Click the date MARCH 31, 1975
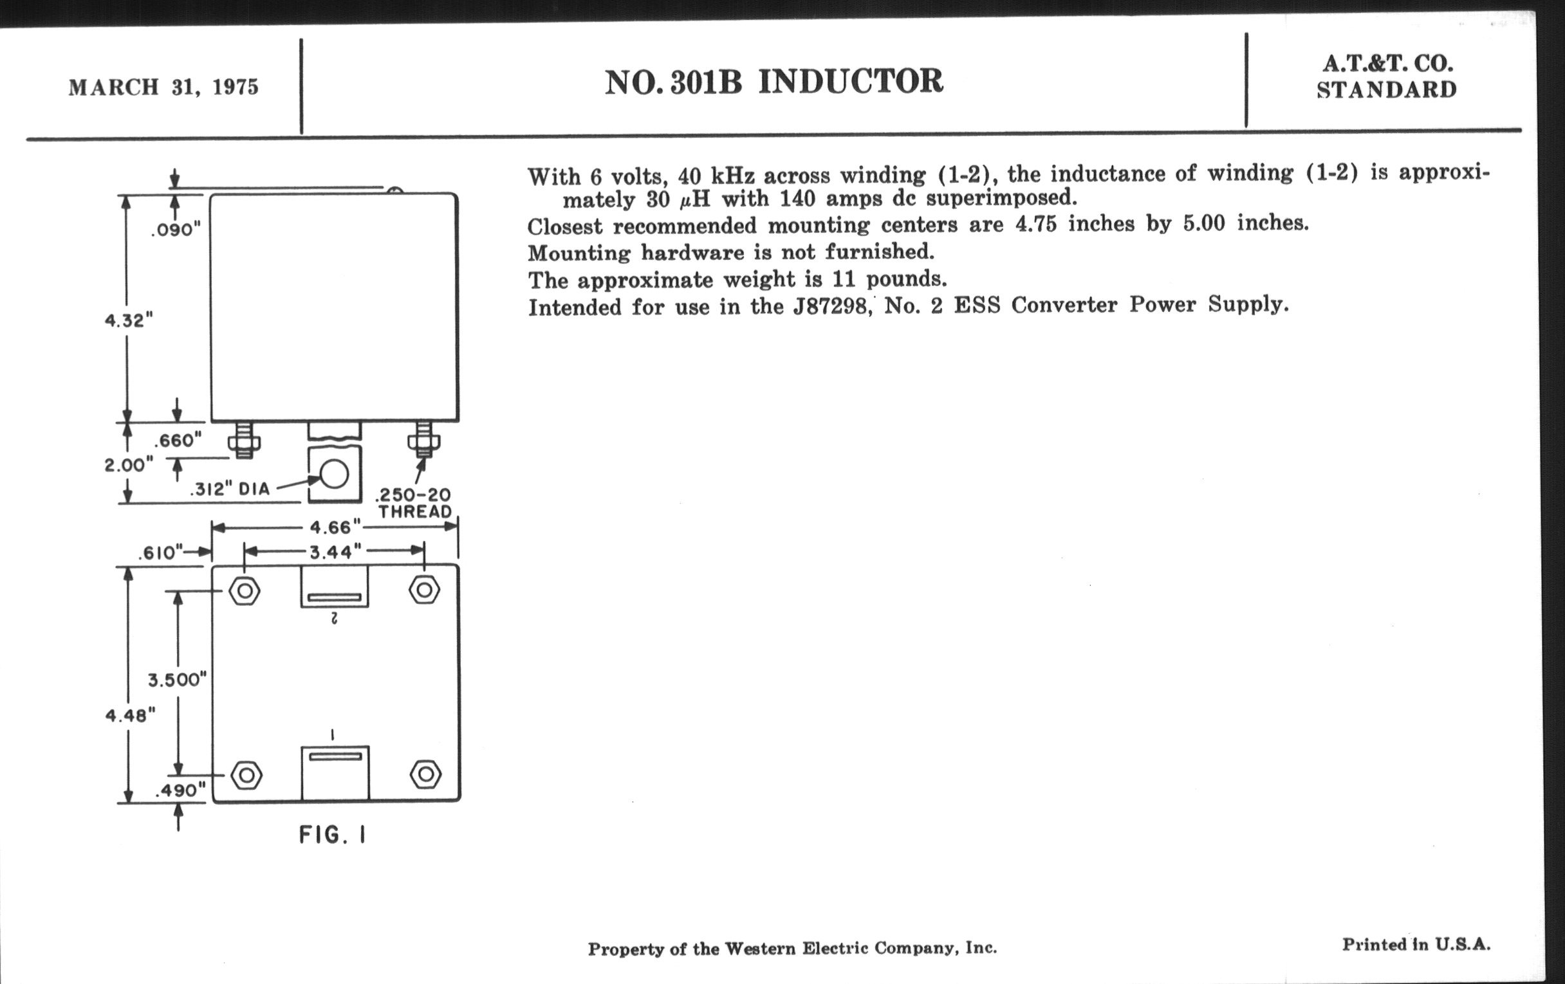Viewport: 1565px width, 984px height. pyautogui.click(x=164, y=87)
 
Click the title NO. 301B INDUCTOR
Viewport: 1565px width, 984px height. pyautogui.click(x=773, y=82)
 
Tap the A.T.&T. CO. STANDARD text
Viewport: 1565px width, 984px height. pyautogui.click(x=1387, y=77)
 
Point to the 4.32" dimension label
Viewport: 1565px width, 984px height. pyautogui.click(x=129, y=320)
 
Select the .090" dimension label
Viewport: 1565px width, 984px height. pyautogui.click(x=176, y=230)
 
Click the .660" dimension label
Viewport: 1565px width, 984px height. pyautogui.click(x=178, y=441)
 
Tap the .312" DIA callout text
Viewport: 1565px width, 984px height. pyautogui.click(x=230, y=489)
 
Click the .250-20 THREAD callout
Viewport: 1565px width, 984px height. pyautogui.click(x=414, y=504)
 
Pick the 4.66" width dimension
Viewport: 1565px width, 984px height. pyautogui.click(x=335, y=527)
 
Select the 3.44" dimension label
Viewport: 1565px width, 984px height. pyautogui.click(x=335, y=552)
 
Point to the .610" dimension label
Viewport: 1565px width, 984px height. pyautogui.click(x=159, y=552)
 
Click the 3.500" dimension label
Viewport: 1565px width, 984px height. pyautogui.click(x=177, y=680)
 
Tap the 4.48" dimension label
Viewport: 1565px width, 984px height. pyautogui.click(x=130, y=715)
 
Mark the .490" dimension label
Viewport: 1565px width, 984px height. pyautogui.click(x=180, y=790)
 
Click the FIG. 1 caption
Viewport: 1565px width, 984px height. pyautogui.click(x=332, y=835)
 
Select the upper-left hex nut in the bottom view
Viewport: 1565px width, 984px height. pyautogui.click(x=245, y=591)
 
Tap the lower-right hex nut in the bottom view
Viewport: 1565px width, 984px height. pyautogui.click(x=426, y=774)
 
